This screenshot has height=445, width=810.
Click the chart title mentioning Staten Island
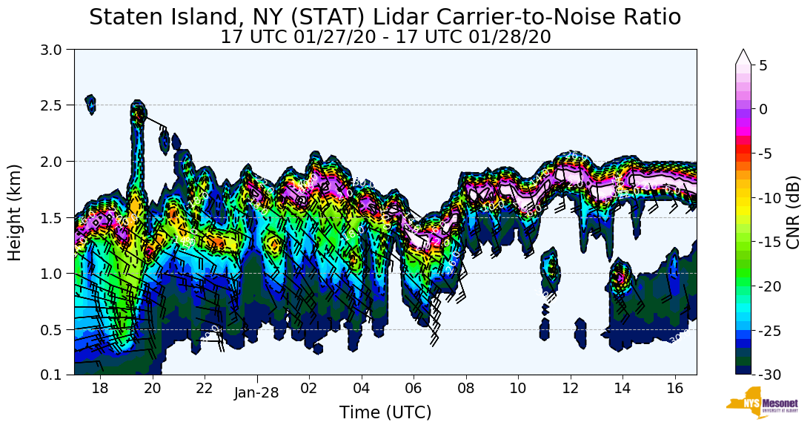tap(385, 17)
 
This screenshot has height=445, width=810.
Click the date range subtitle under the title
tap(385, 37)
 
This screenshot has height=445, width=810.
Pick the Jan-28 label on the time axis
tap(256, 393)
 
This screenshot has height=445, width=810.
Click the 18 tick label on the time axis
tap(100, 388)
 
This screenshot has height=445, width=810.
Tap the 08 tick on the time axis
tap(465, 388)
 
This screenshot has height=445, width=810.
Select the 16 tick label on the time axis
tap(674, 388)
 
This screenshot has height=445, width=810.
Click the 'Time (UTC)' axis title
tap(385, 413)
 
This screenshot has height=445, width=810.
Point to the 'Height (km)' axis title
tap(15, 212)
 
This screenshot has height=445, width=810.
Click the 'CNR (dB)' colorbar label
tap(793, 212)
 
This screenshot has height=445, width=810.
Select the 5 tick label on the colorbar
tap(763, 65)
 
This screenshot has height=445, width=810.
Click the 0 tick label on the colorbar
tap(763, 109)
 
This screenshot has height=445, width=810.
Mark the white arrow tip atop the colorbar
tap(743, 53)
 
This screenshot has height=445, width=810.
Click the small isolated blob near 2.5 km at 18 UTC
tap(90, 103)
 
